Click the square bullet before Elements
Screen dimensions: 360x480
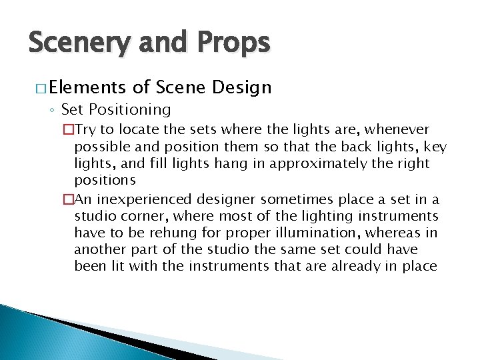click(x=36, y=88)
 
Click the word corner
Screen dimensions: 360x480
click(x=147, y=216)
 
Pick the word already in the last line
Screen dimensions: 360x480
click(x=371, y=267)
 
